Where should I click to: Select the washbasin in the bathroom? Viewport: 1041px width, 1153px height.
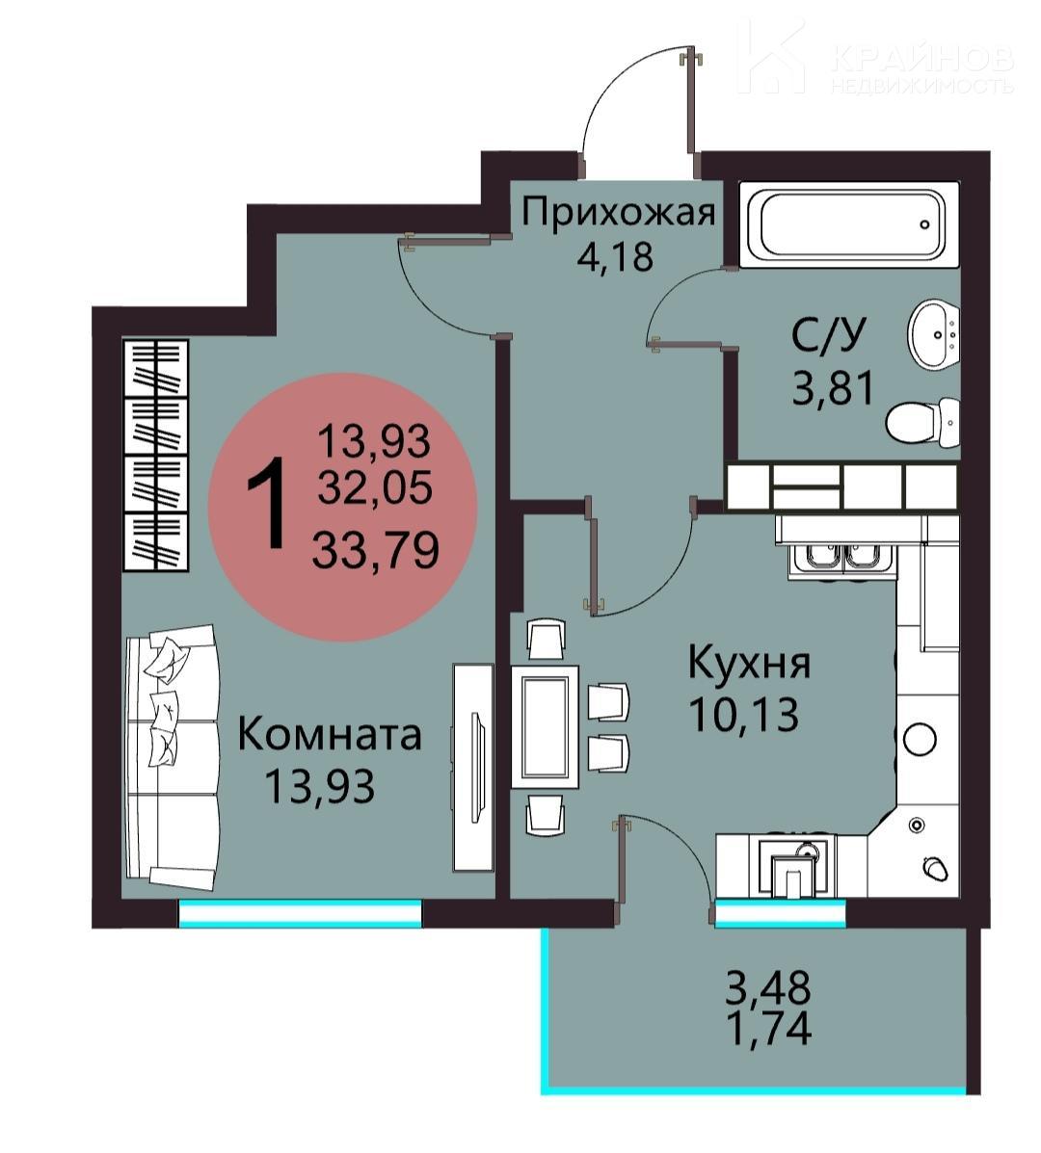(934, 334)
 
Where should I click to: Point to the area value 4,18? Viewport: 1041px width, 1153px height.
(615, 257)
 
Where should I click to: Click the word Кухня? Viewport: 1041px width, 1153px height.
(749, 664)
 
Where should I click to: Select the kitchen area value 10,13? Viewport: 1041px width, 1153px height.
(743, 713)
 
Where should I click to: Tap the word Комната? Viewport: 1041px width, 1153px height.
(330, 735)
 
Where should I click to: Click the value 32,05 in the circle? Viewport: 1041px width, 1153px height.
(374, 486)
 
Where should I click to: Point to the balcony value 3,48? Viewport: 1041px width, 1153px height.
(768, 986)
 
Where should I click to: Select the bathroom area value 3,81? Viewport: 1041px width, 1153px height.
(833, 387)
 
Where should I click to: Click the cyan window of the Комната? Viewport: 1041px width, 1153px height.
(300, 914)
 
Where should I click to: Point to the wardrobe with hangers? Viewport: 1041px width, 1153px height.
(155, 456)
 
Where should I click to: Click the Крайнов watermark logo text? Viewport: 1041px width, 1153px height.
(922, 58)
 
